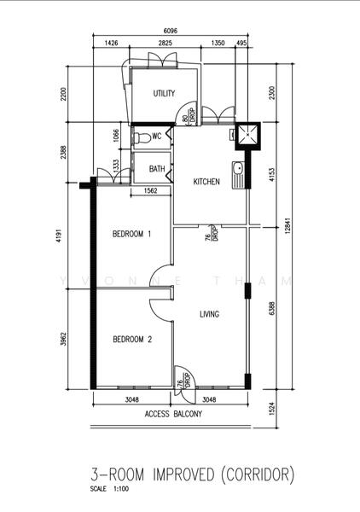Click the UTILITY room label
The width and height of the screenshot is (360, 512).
coord(164,93)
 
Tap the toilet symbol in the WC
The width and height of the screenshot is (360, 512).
coord(142,137)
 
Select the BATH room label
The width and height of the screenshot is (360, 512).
coord(157,169)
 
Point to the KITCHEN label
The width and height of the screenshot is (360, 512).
coord(206,182)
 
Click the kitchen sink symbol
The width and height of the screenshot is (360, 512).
coord(238,175)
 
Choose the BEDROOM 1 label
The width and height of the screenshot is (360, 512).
coord(132,234)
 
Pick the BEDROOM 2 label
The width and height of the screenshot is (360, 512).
coord(132,340)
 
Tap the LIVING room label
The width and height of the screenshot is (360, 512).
coord(210,314)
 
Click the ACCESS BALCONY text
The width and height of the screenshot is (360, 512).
coord(173,414)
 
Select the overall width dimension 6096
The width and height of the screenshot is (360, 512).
coord(170,31)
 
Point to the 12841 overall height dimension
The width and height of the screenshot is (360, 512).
coord(287,226)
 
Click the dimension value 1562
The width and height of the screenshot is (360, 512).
coord(150,190)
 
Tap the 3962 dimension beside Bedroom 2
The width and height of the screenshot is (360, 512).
coord(64,340)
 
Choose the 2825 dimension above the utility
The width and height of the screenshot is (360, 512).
coord(165,43)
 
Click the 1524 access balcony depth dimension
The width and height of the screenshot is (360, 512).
coord(272,409)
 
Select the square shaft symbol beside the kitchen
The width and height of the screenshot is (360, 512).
coord(248,136)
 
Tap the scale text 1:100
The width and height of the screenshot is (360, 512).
coord(121,489)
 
